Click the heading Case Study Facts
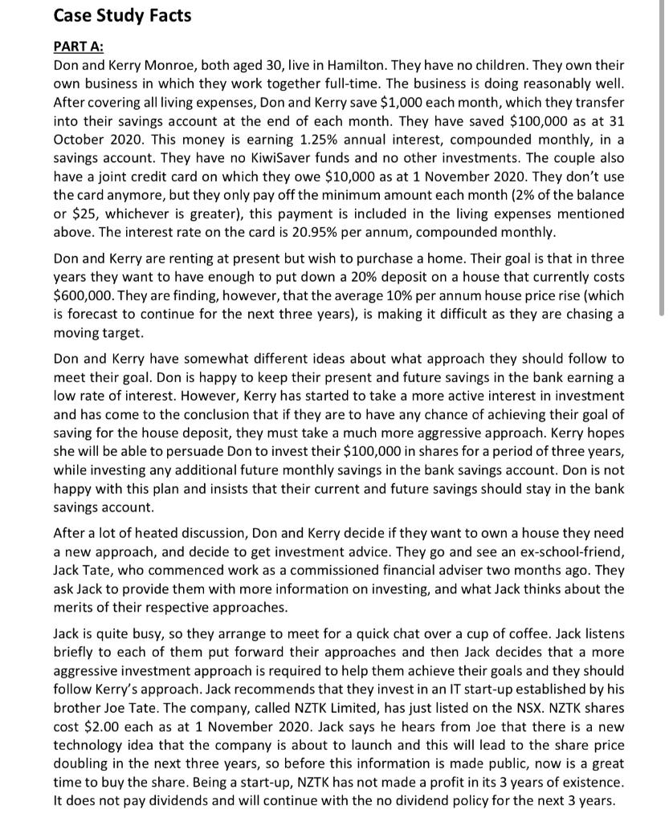pyautogui.click(x=122, y=16)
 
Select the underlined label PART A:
pyautogui.click(x=79, y=48)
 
